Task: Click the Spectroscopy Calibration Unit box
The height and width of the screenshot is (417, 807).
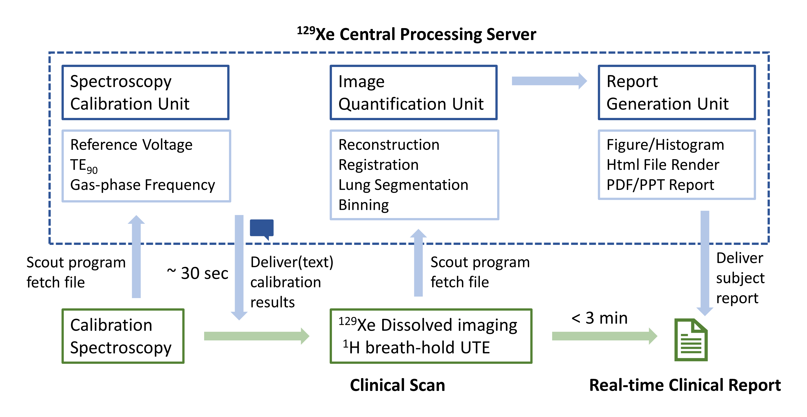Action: click(x=145, y=92)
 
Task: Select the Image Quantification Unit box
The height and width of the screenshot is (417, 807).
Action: click(x=413, y=92)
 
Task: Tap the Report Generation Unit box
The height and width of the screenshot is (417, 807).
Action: click(x=677, y=92)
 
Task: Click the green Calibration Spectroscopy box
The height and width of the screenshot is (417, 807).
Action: click(x=123, y=336)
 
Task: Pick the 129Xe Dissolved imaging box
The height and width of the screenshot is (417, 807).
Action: click(x=431, y=336)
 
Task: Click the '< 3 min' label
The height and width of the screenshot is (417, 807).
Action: click(x=599, y=318)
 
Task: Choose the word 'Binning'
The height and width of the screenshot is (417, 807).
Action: click(x=363, y=205)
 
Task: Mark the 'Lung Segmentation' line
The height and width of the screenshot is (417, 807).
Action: click(x=403, y=185)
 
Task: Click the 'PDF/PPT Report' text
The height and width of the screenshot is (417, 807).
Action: click(x=660, y=185)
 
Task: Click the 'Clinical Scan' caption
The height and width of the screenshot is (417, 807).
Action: click(x=397, y=385)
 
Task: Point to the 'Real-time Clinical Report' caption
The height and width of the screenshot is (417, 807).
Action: click(x=684, y=385)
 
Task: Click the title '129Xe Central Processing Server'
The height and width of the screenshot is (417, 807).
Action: click(x=417, y=34)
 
